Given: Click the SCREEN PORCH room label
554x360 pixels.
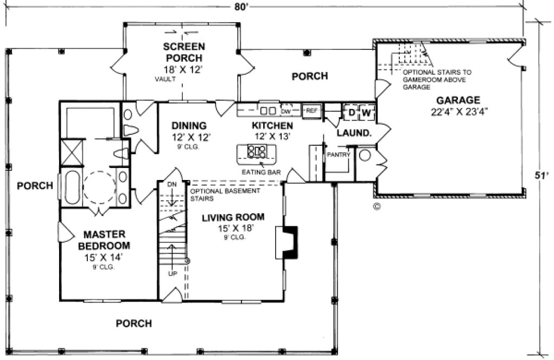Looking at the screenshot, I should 183,53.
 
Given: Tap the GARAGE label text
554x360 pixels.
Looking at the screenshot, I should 457,100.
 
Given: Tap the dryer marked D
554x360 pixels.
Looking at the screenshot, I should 351,113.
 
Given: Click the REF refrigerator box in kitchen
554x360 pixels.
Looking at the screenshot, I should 310,111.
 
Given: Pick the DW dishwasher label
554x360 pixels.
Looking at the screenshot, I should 286,111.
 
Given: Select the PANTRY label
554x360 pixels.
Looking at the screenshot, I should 338,155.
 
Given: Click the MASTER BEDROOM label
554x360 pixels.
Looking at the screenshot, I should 105,240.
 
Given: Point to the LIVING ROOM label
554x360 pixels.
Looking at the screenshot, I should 233,217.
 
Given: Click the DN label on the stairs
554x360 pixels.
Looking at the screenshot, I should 171,184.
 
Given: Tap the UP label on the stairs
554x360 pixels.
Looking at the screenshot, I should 173,273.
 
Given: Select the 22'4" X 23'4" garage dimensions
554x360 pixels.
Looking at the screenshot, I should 457,113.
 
